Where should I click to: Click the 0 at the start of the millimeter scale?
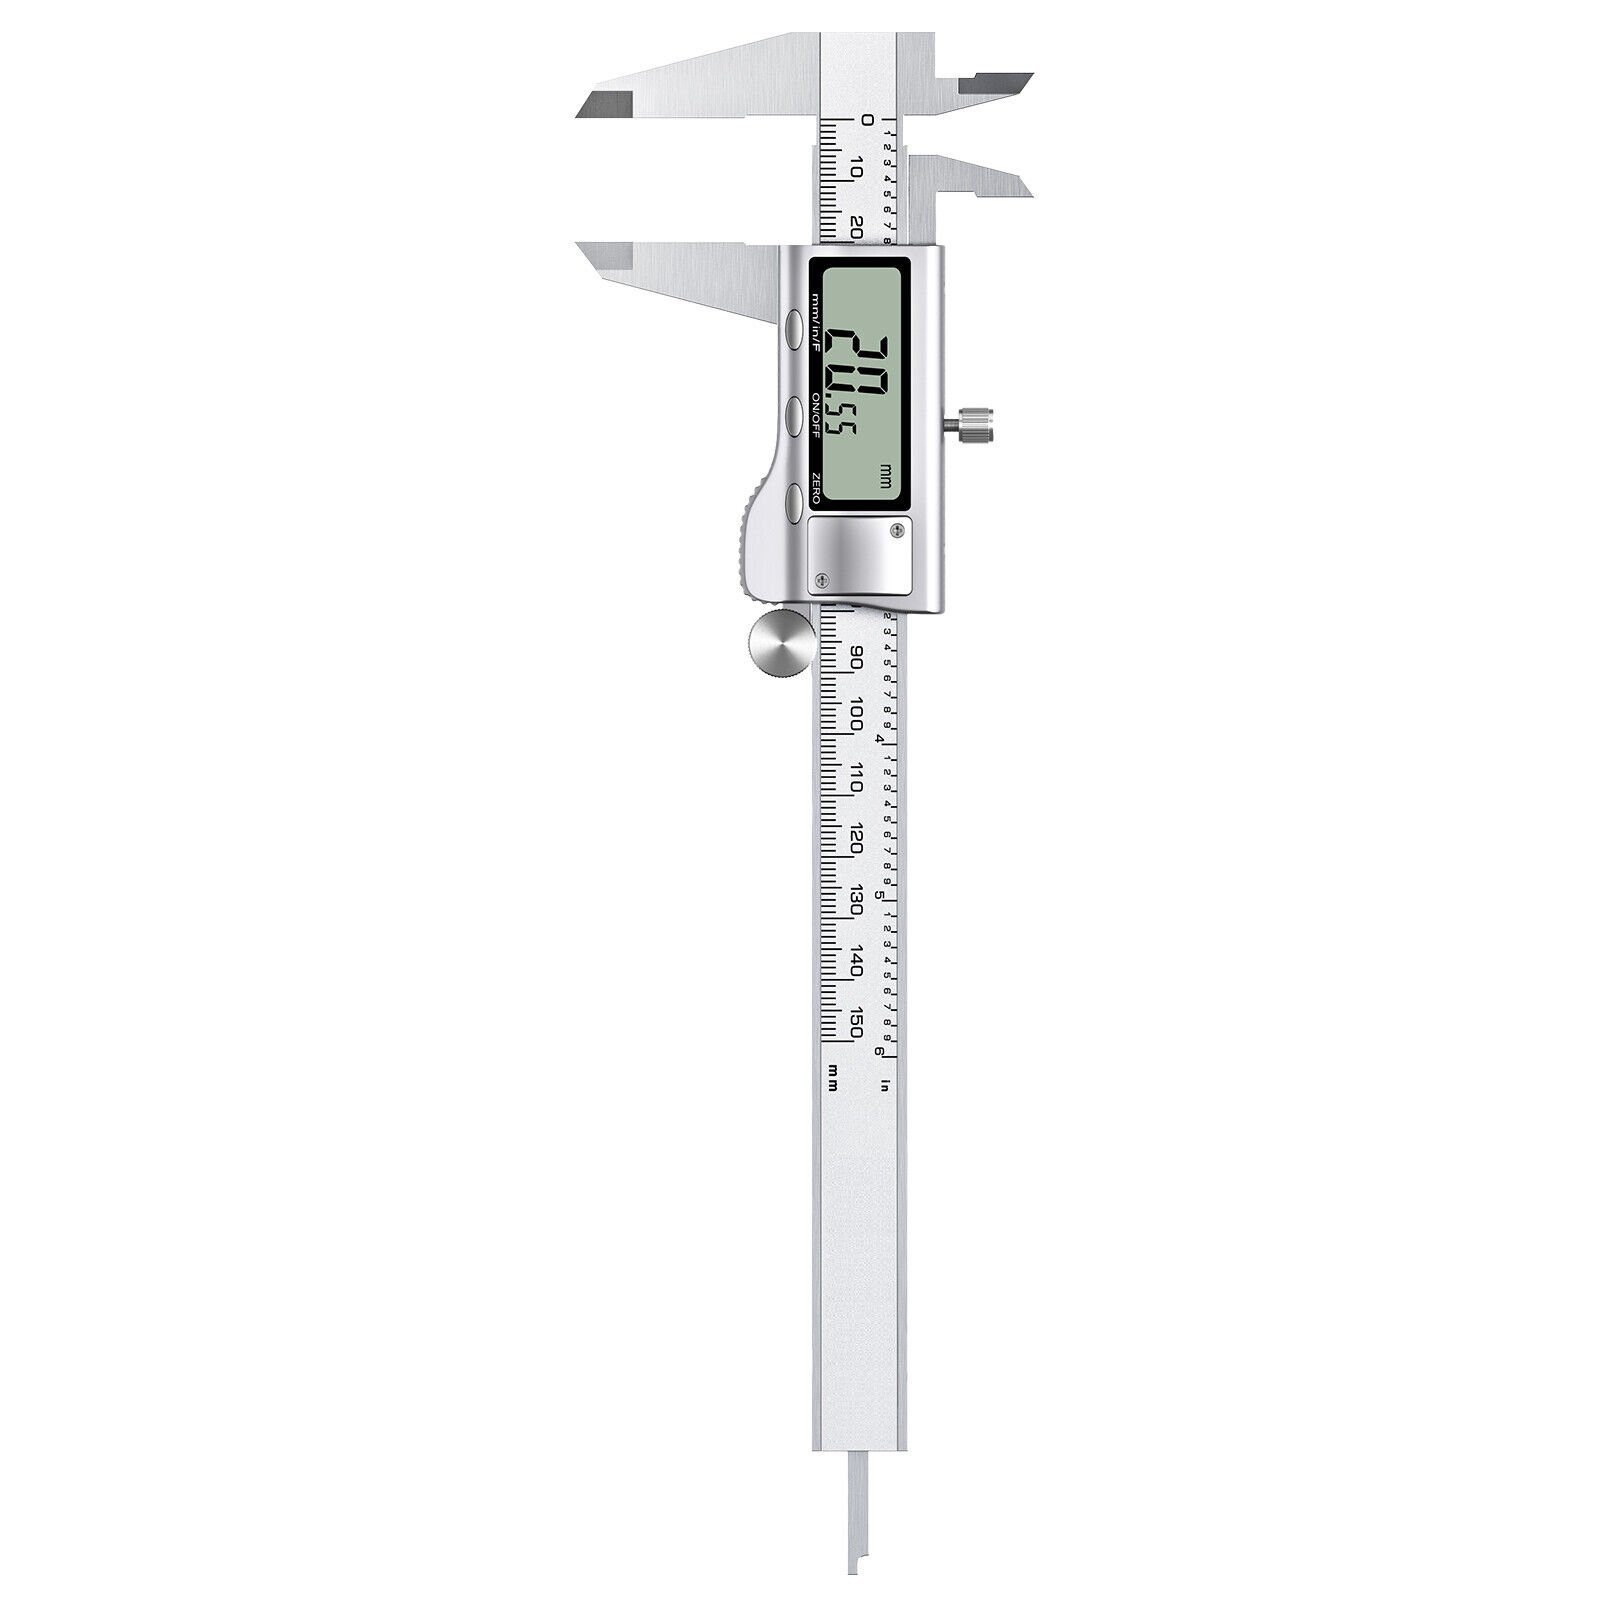pyautogui.click(x=867, y=120)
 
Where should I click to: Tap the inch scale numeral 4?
pyautogui.click(x=879, y=738)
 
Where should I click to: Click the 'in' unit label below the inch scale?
pyautogui.click(x=884, y=1084)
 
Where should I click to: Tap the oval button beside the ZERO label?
pyautogui.click(x=794, y=500)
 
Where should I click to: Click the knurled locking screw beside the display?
pyautogui.click(x=975, y=425)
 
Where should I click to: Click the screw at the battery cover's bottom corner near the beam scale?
pyautogui.click(x=822, y=578)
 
